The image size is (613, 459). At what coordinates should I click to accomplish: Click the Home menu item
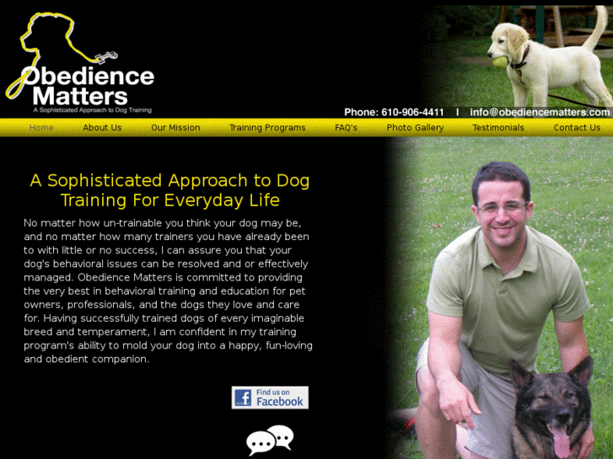tap(41, 128)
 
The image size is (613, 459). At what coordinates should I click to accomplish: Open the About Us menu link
tap(102, 128)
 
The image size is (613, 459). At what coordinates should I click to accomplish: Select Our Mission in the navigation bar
tap(175, 128)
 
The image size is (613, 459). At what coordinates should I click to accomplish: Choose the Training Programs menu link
tap(267, 128)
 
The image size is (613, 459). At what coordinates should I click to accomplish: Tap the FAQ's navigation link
tap(346, 128)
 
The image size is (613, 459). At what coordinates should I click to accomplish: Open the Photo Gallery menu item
tap(415, 128)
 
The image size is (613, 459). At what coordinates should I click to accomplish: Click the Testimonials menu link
tap(498, 128)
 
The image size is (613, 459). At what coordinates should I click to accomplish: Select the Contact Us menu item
tap(577, 128)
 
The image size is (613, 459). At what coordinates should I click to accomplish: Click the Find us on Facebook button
tap(270, 398)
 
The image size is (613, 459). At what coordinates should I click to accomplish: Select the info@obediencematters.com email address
tap(540, 112)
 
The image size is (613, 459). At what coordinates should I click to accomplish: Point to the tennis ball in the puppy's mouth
tap(498, 61)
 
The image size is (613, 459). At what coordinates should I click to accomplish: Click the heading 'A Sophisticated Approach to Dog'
tap(169, 181)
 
